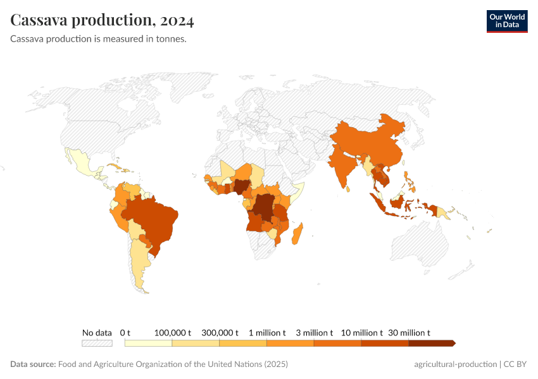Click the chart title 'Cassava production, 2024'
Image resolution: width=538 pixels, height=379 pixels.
point(102,20)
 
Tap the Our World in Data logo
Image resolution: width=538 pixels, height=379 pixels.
point(506,21)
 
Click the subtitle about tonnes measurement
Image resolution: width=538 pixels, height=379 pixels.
point(98,39)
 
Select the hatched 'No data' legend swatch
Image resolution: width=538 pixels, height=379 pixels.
point(97,343)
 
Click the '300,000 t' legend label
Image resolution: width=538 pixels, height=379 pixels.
point(220,332)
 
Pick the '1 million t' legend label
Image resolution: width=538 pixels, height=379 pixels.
point(266,332)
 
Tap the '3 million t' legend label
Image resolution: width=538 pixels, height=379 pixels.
point(314,332)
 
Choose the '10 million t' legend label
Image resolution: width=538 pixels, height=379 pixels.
point(361,332)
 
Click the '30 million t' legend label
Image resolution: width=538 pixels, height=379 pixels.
point(409,332)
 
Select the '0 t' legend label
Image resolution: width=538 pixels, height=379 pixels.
point(125,332)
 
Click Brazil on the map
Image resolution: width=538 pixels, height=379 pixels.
point(155,218)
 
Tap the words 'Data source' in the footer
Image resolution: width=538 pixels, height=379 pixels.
point(32,364)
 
